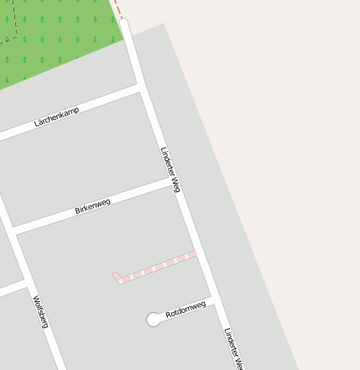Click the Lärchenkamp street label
pos(56,116)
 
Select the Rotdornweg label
pos(185,310)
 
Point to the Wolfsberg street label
pos(41,310)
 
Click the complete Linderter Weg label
pos(170,169)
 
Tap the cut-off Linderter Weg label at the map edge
pos(233,349)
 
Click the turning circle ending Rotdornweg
pos(154,319)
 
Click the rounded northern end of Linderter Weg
pos(125,23)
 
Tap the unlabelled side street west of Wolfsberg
pos(10,290)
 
